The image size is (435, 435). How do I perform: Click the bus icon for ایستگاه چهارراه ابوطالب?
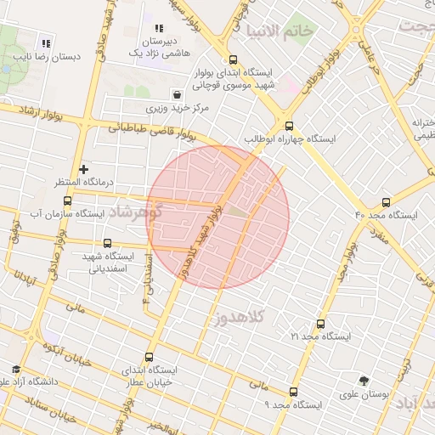(290, 125)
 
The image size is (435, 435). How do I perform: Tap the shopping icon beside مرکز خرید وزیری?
(177, 94)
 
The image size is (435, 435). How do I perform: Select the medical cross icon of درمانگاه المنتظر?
(83, 170)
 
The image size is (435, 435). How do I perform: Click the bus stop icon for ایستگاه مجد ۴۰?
(387, 202)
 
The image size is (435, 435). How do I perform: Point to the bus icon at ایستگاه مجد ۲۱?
(320, 324)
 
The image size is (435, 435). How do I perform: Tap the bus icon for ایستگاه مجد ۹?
(294, 392)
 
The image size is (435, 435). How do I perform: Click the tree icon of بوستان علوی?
(364, 381)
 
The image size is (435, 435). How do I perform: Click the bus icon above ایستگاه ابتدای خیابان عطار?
(150, 358)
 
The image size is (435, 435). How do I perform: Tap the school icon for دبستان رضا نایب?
(46, 43)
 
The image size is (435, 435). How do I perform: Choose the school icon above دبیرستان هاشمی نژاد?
(159, 28)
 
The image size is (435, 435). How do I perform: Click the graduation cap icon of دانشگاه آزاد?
(16, 369)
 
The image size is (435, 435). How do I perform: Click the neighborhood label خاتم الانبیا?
(280, 31)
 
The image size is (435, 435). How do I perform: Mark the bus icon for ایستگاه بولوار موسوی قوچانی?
(234, 59)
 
